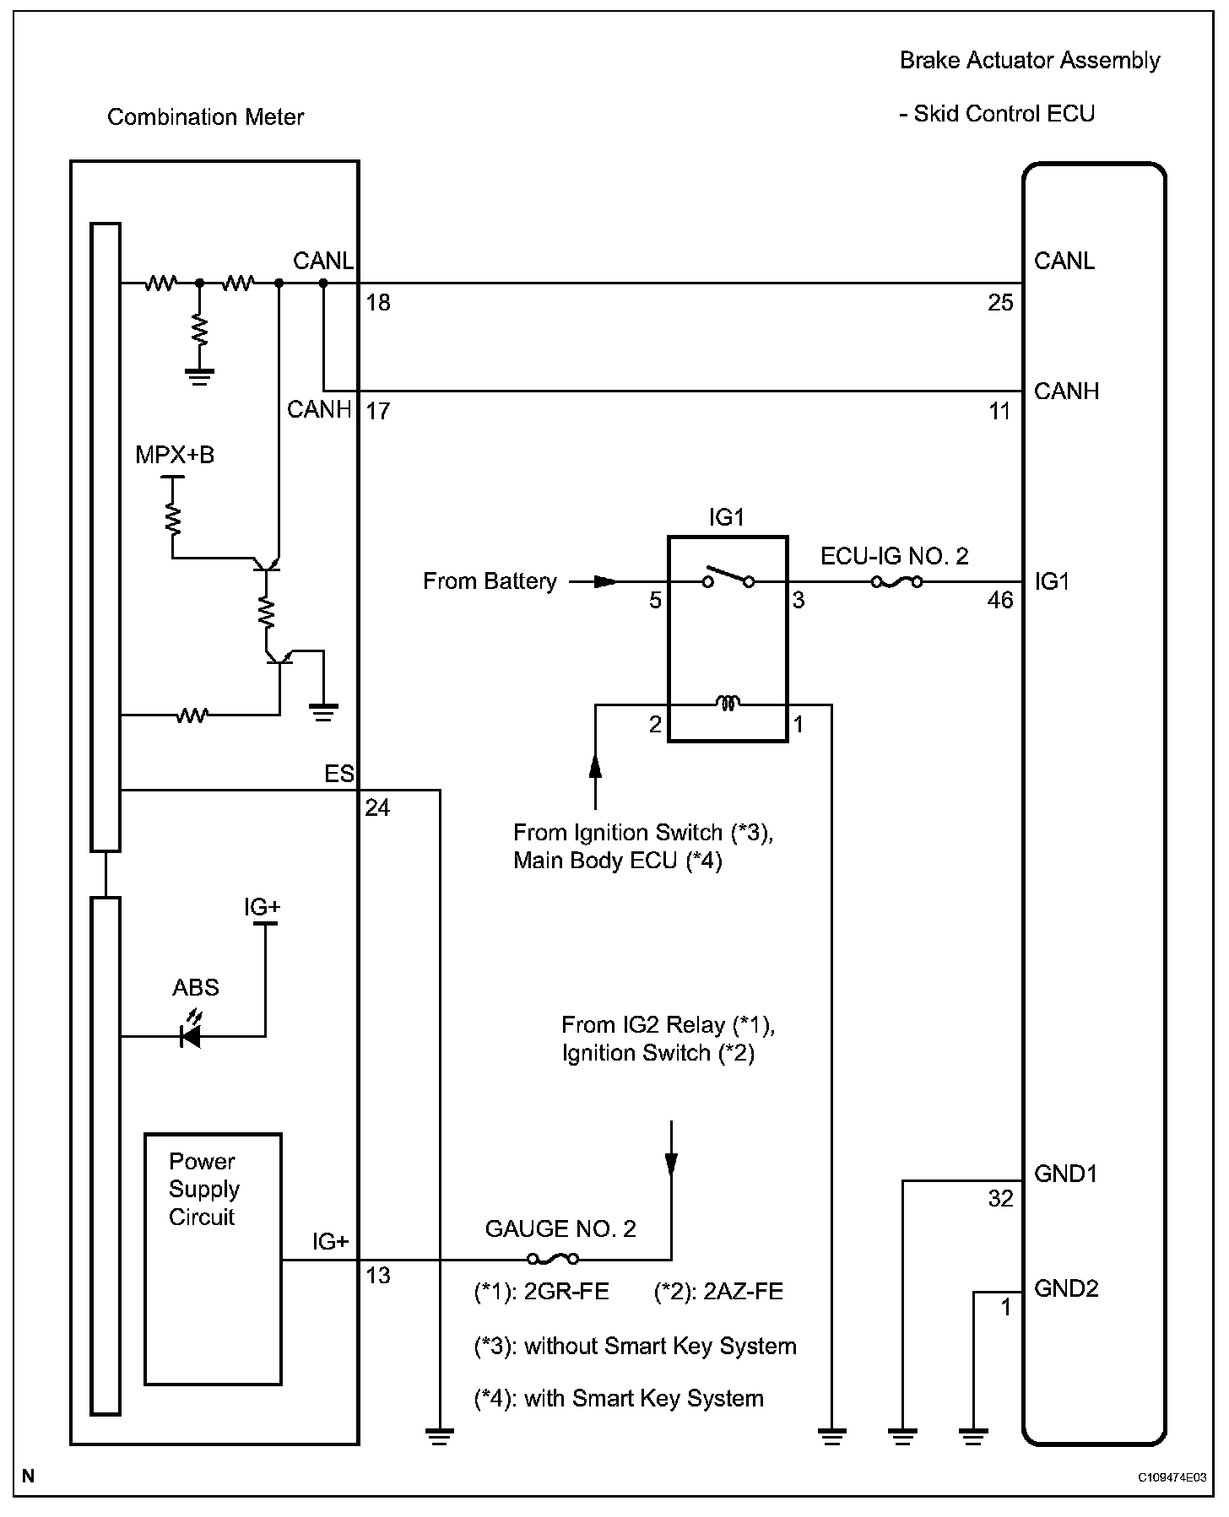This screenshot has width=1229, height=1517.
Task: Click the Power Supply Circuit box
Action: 213,1258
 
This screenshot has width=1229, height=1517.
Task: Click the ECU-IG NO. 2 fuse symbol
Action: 896,581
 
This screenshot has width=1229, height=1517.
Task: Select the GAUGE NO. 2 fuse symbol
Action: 553,1259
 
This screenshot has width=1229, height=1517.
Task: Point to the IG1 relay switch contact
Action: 728,578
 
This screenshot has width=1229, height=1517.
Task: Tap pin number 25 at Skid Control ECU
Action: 999,303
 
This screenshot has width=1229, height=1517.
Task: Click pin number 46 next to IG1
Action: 999,601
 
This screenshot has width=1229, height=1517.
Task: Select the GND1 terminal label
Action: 1065,1174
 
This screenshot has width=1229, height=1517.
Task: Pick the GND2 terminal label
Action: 1066,1288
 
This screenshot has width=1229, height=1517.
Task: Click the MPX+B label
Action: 175,456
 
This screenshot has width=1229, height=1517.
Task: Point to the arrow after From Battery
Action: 604,581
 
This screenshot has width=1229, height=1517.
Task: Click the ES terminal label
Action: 339,774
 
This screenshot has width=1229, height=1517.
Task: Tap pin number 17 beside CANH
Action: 378,411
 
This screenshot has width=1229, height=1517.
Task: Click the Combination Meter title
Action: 205,117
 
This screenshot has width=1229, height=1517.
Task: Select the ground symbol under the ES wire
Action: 440,1435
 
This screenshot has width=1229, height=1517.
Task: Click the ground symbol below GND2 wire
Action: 973,1435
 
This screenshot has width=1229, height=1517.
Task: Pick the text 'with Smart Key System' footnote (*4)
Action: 619,1398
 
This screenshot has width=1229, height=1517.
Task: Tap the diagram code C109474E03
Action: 1172,1477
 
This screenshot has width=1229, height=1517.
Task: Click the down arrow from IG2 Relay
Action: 671,1163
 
